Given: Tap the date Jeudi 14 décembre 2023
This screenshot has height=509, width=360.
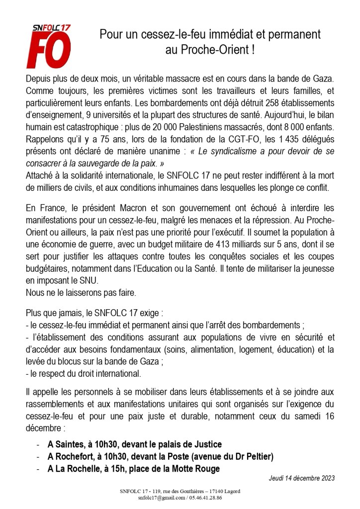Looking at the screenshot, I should (301, 478).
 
